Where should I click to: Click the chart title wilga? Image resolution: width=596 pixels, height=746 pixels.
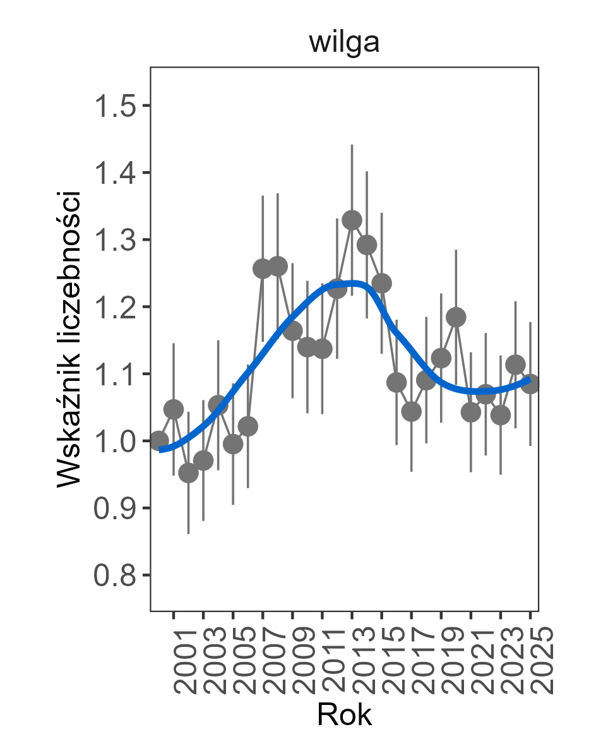[x=344, y=44]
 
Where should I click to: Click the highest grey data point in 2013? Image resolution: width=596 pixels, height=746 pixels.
[x=352, y=220]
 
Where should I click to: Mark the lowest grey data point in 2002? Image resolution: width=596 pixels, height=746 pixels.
[x=188, y=472]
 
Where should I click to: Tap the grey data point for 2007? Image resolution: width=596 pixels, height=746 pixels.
[x=263, y=268]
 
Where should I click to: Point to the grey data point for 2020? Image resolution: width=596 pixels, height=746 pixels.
[x=456, y=317]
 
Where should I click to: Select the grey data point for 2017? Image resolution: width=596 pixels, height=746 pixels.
[x=411, y=412]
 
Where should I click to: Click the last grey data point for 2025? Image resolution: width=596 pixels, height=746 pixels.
[x=530, y=383]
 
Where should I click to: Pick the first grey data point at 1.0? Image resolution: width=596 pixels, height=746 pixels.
[x=159, y=441]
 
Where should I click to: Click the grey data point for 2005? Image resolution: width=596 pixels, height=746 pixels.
[x=233, y=444]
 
